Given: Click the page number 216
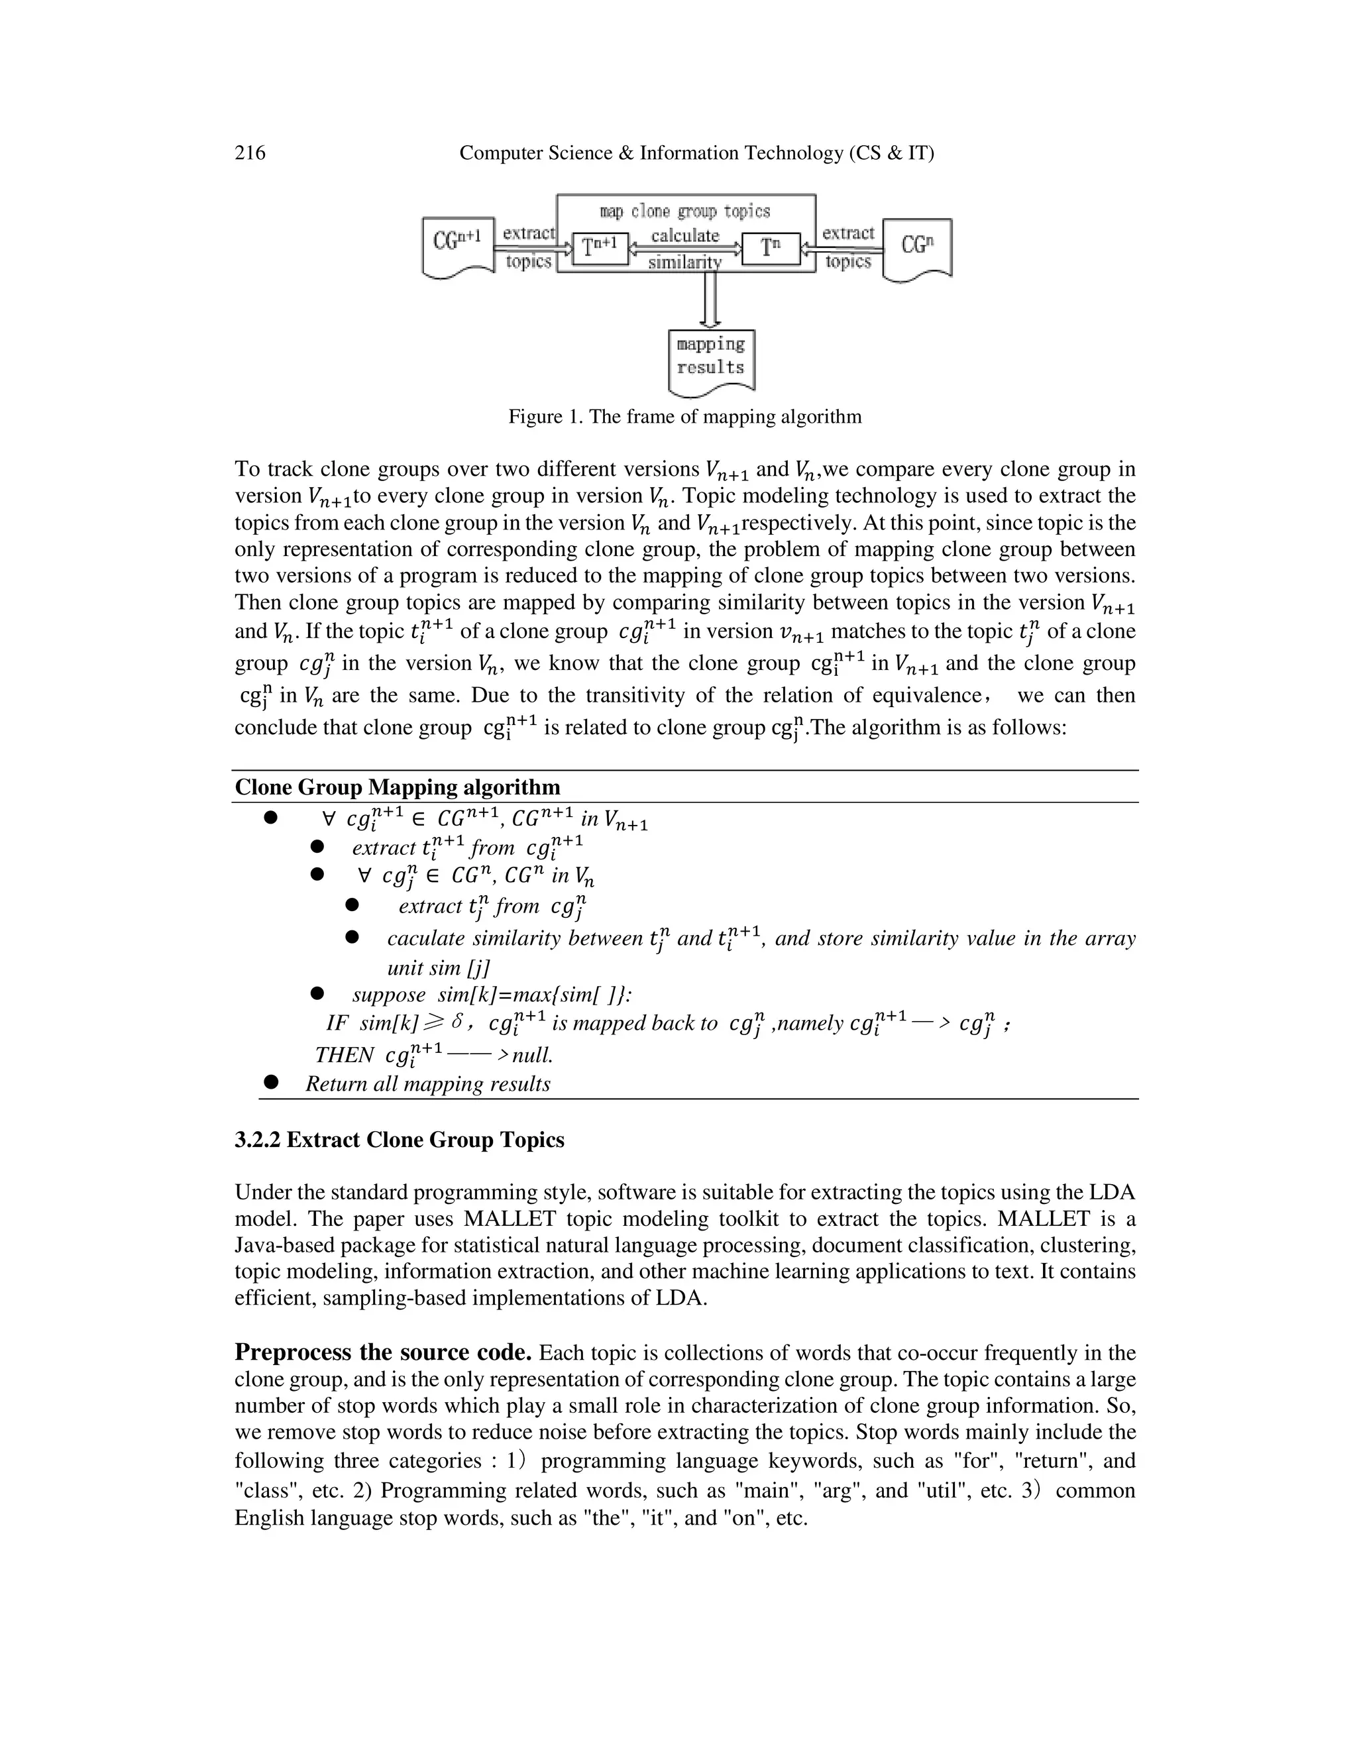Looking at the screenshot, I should (x=250, y=153).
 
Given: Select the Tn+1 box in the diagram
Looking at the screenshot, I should (x=600, y=248).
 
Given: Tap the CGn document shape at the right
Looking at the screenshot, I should (x=916, y=248).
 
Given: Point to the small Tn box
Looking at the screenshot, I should (x=770, y=248).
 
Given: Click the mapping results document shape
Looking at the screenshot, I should (x=712, y=360).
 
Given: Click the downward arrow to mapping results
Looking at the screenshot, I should (x=711, y=299).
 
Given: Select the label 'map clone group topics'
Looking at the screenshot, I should (x=685, y=211).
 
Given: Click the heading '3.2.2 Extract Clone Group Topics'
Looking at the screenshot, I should (x=399, y=1140).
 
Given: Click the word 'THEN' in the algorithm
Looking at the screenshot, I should (x=345, y=1055).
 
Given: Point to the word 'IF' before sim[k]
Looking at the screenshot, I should (x=337, y=1024).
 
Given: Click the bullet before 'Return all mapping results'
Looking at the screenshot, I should (x=271, y=1082).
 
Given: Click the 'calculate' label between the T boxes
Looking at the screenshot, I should (x=685, y=236).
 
